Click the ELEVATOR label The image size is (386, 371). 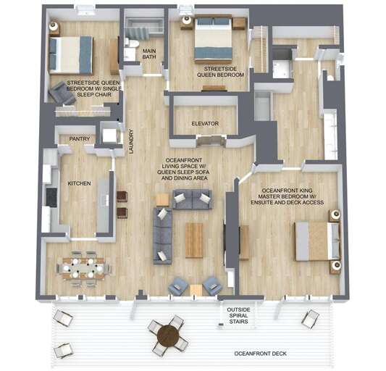[x=205, y=124]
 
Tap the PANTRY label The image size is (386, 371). [x=79, y=138]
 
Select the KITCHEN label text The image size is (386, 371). [x=79, y=184]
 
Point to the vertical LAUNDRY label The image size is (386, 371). [x=131, y=142]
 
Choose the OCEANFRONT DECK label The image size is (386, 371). [x=261, y=354]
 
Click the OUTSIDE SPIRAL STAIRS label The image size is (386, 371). [x=238, y=316]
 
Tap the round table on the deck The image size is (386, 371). [x=168, y=335]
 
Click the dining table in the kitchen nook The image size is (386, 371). [x=82, y=267]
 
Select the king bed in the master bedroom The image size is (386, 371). [x=316, y=241]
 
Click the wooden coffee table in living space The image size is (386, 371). [x=194, y=240]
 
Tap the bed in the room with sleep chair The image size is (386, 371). [x=70, y=54]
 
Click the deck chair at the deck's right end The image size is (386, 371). [x=310, y=318]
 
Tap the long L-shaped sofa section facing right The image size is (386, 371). [x=162, y=235]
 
